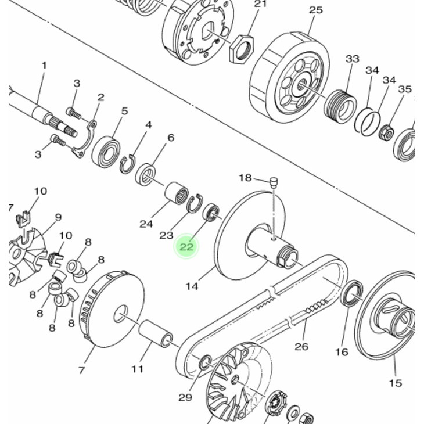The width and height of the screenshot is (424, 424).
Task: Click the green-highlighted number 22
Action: point(186,247)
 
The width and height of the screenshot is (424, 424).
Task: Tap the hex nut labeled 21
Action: point(242,49)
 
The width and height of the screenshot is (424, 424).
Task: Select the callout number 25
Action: point(316,10)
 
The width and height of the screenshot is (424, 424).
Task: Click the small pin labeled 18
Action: point(274,181)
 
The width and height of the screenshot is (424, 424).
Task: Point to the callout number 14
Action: point(192,286)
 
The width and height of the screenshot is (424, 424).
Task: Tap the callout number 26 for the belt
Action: point(301,346)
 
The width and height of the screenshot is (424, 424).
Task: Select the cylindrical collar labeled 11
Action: point(156,333)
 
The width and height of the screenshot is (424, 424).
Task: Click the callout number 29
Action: point(185,397)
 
